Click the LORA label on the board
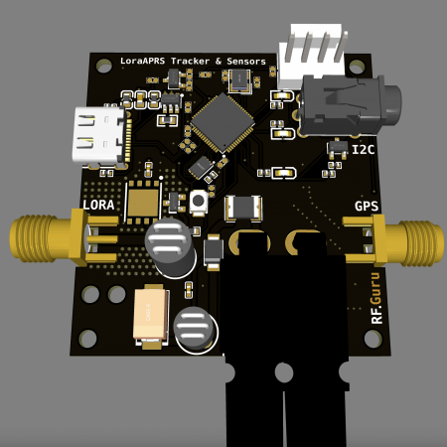pos(98,205)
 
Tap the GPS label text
pos(367,207)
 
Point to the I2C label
pos(364,150)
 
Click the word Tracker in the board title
pos(190,61)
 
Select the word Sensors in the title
pos(246,62)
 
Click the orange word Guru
pos(375,288)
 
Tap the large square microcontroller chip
pos(223,123)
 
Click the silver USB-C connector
pos(99,135)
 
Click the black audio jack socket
pos(350,105)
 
